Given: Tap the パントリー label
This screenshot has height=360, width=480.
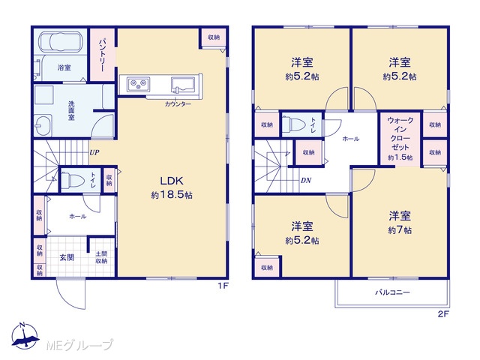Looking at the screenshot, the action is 102,55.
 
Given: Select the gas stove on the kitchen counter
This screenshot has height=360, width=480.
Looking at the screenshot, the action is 139,84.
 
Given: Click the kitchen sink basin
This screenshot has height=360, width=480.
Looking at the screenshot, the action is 183,85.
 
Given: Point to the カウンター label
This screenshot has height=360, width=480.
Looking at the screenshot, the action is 178,104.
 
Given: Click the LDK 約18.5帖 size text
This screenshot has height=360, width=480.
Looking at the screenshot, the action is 172,195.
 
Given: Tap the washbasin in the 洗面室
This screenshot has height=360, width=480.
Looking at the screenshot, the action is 43,125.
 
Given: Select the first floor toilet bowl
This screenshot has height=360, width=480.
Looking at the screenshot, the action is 73,181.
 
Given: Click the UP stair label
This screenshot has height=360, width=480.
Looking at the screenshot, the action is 94,152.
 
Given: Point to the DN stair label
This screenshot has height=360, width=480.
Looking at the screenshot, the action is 306,180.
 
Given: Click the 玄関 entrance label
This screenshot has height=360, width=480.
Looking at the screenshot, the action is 67,257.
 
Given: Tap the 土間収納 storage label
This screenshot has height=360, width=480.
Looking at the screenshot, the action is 101,257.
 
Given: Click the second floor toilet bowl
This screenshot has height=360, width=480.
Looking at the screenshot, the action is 293,125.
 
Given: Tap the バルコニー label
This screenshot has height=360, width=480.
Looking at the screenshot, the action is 392,292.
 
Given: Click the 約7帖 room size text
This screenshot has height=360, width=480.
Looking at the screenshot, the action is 400,230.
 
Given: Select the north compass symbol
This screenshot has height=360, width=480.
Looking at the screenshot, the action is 25,335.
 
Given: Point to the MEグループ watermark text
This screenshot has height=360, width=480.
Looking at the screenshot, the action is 79,345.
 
